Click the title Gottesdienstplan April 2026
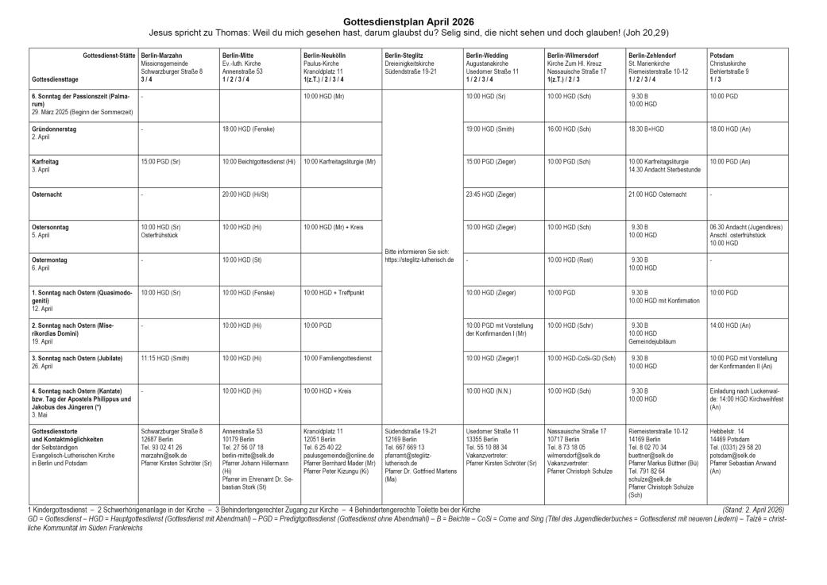click(413, 21)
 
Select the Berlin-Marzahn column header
click(162, 55)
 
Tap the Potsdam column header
click(722, 55)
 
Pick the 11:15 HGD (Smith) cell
click(165, 358)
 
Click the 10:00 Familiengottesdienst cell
click(338, 358)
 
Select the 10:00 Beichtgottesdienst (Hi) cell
click(259, 160)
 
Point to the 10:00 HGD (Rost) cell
click(570, 259)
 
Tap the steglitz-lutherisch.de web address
click(419, 259)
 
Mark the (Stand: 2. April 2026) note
click(753, 508)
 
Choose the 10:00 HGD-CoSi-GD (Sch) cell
click(582, 358)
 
